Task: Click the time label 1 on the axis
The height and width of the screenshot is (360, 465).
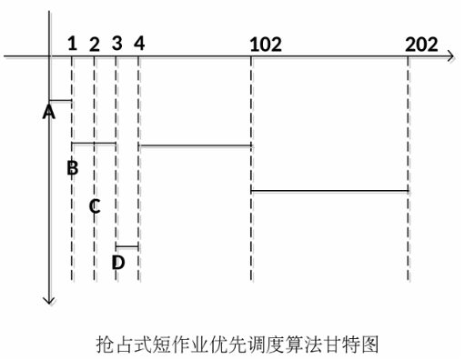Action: [72, 43]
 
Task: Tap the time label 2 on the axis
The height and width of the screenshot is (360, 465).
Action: [95, 43]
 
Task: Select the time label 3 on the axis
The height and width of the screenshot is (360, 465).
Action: [116, 43]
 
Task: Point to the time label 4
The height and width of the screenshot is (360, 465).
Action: [138, 43]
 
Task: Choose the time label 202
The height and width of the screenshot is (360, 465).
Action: [422, 43]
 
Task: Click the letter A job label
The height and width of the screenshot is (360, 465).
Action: [49, 112]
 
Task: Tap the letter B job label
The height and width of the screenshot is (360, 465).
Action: [73, 167]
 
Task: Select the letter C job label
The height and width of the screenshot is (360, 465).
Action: [95, 205]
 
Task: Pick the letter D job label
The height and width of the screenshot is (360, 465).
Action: [117, 263]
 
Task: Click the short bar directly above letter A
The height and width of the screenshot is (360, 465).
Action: [60, 100]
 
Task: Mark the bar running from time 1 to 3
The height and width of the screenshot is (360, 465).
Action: [94, 144]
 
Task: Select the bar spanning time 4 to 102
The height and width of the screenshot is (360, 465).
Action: [195, 145]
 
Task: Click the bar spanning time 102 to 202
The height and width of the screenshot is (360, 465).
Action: [329, 191]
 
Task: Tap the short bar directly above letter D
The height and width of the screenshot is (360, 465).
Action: [127, 246]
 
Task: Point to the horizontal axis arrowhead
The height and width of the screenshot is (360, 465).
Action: [450, 57]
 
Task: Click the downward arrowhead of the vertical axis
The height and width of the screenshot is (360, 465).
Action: [49, 299]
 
